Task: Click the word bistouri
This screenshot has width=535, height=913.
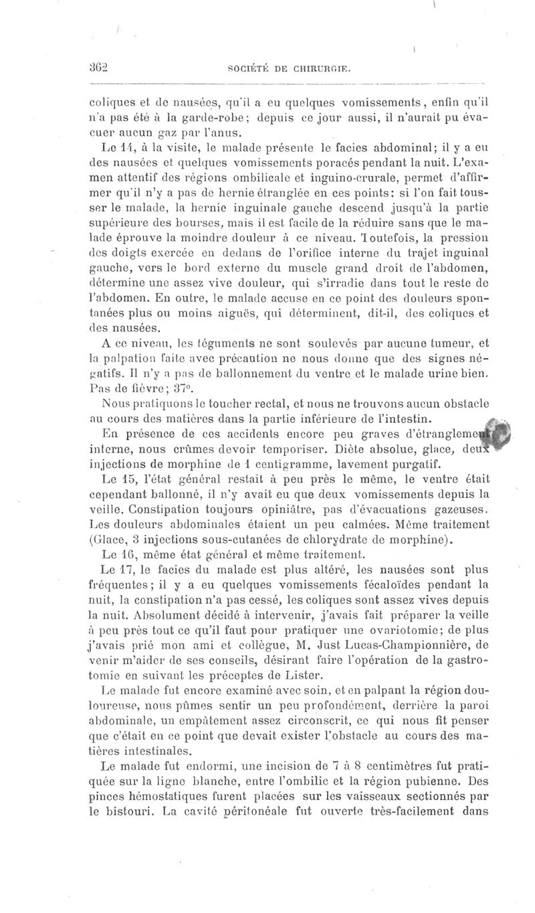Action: tap(124, 811)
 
